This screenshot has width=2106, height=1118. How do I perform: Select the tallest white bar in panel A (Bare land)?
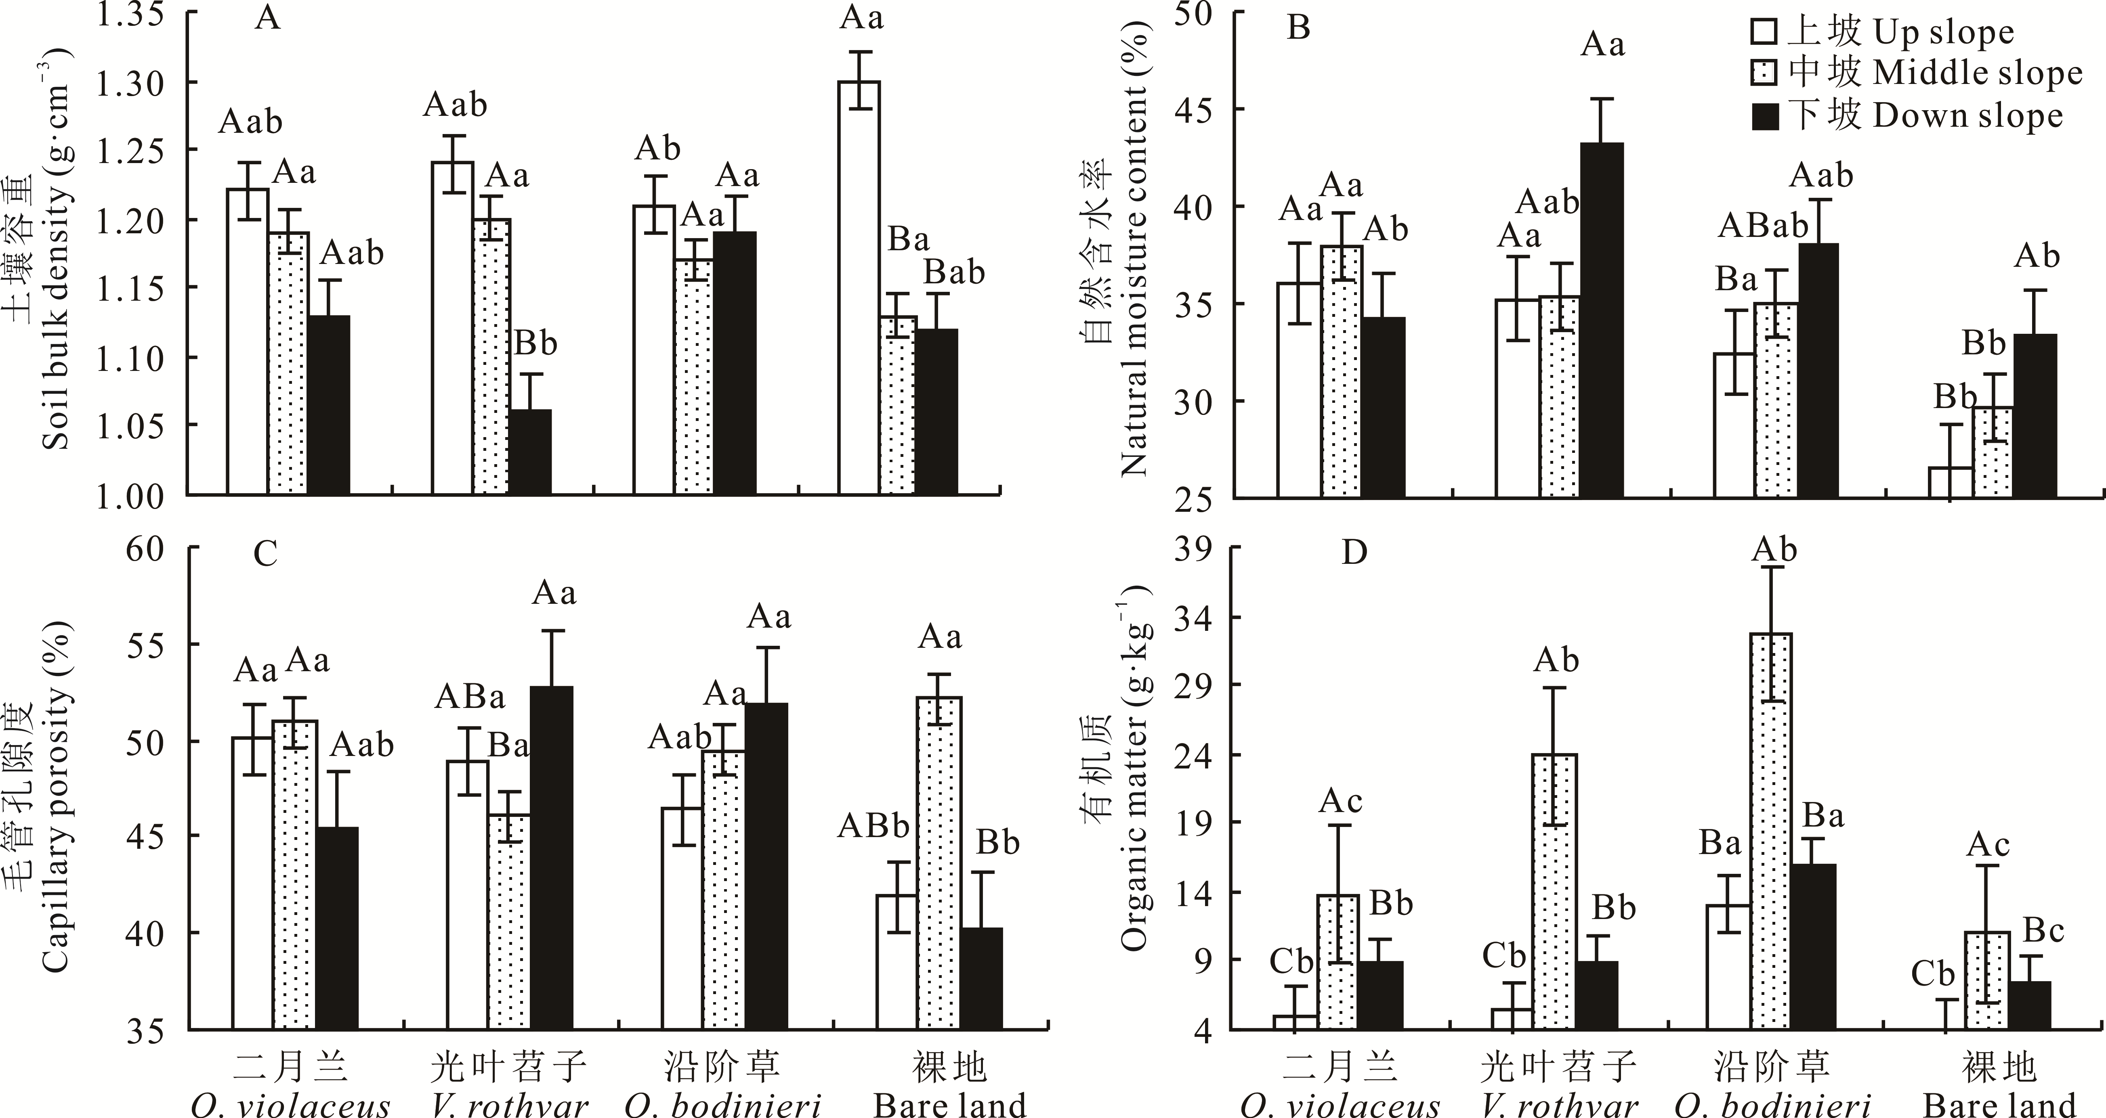click(x=859, y=286)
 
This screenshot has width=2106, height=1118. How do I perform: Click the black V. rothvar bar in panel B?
click(x=1601, y=319)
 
